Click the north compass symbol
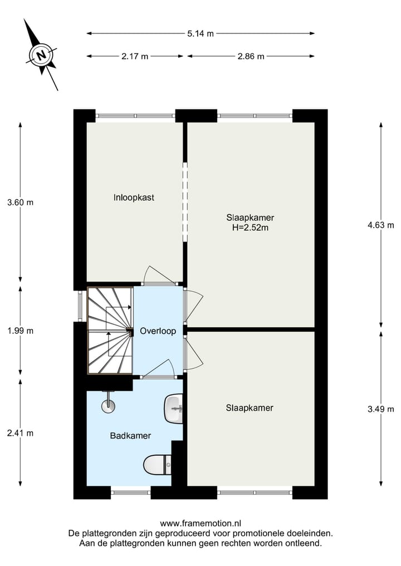tap(41, 55)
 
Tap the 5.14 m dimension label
tap(200, 33)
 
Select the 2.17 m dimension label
tap(135, 56)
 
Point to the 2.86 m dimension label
tap(251, 56)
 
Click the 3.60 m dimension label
tap(21, 203)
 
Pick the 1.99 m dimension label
tap(21, 331)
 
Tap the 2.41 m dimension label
tap(21, 433)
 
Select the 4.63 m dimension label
tap(380, 225)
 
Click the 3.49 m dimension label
tap(380, 408)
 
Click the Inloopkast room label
tap(134, 197)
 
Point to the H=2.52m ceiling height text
tap(250, 227)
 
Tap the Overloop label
tap(158, 331)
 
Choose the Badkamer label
tap(130, 436)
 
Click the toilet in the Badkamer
tap(158, 463)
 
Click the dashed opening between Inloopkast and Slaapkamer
tap(185, 203)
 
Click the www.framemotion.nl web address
tap(200, 523)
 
